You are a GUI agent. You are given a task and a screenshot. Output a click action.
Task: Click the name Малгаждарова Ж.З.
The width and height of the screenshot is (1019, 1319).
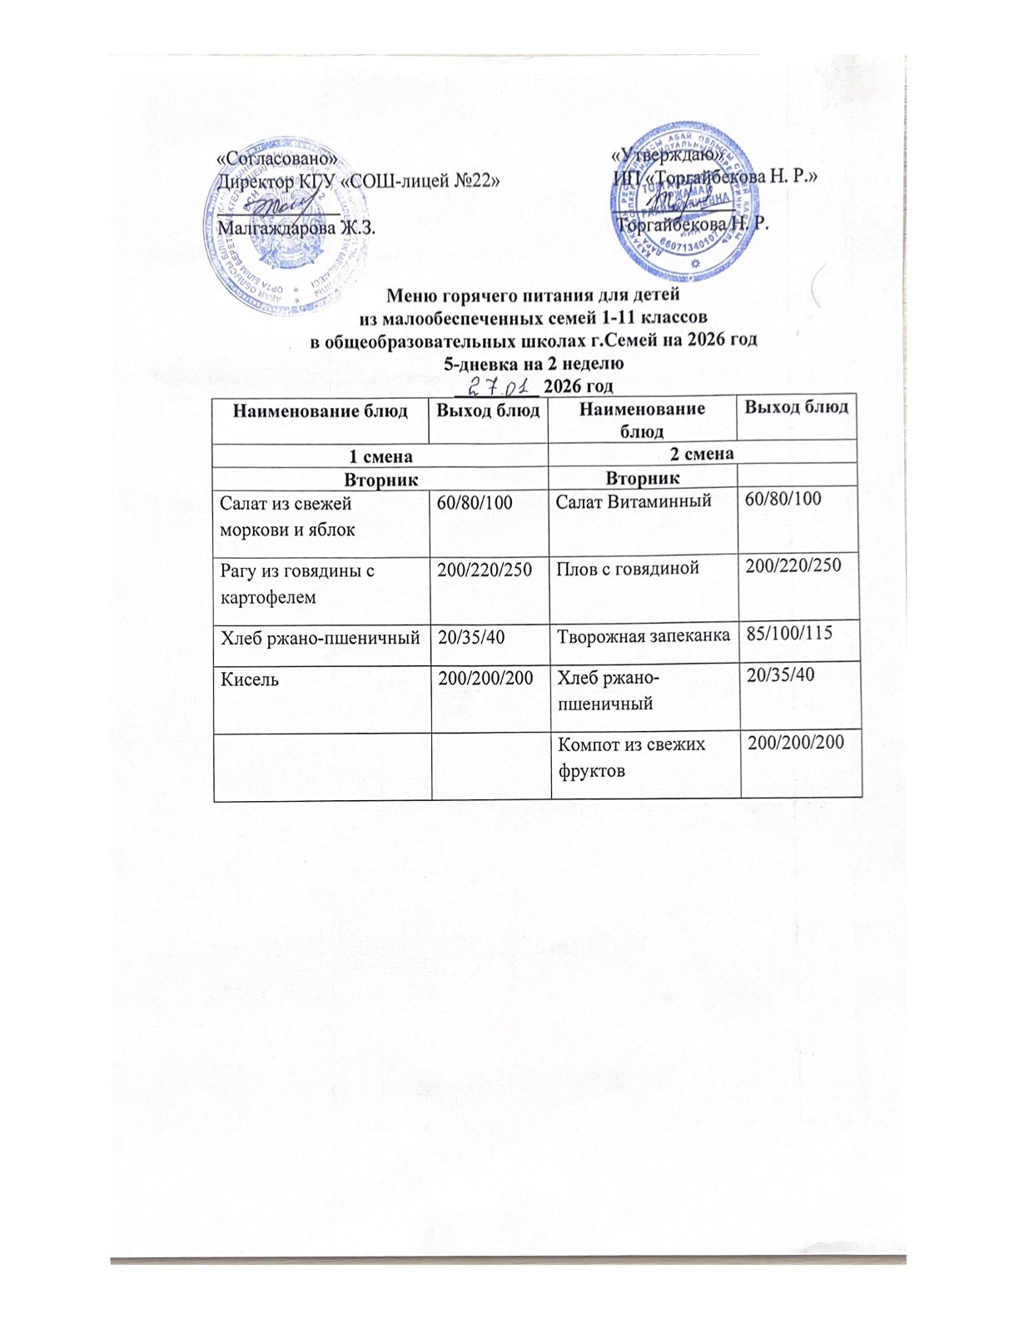click(x=296, y=226)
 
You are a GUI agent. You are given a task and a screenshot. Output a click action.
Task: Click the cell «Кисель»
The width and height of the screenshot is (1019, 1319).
click(x=249, y=679)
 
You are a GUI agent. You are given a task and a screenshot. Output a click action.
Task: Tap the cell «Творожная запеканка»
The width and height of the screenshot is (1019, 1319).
click(x=644, y=635)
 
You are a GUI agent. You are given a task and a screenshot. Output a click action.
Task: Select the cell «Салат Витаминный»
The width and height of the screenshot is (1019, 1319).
click(x=633, y=501)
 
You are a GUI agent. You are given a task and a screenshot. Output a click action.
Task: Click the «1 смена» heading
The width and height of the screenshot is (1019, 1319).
click(x=380, y=455)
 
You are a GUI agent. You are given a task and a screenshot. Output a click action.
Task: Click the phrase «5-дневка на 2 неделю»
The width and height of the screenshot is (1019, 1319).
click(x=533, y=363)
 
